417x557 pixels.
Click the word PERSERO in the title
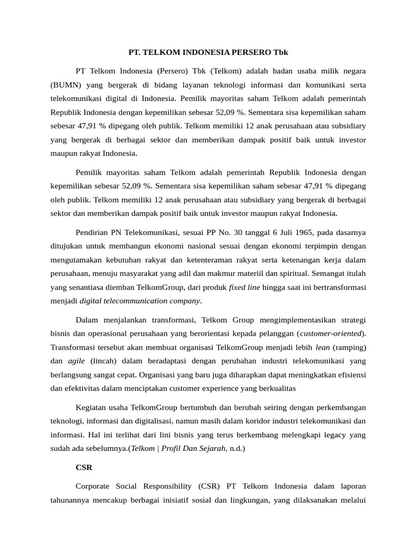(240, 53)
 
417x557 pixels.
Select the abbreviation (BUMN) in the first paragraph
(65, 85)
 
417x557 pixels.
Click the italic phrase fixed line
(244, 287)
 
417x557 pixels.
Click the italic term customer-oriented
(332, 332)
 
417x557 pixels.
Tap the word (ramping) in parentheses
(350, 346)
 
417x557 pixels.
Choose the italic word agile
(76, 360)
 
